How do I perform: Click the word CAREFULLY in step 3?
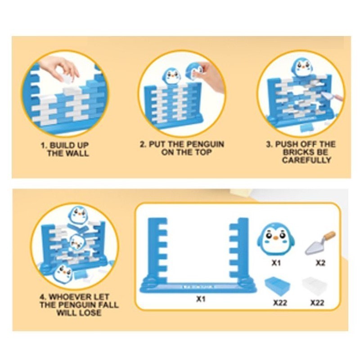[x=307, y=160]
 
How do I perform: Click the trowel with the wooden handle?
[x=320, y=243]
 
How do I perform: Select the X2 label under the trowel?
[x=320, y=263]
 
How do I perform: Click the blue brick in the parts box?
[x=277, y=285]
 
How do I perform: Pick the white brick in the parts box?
[x=314, y=286]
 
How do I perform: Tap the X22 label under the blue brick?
[x=280, y=303]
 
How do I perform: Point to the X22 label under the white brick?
[x=317, y=303]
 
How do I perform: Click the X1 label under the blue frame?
[x=201, y=299]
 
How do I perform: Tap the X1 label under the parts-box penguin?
[x=276, y=263]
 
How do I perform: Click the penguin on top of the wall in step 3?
[x=302, y=67]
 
